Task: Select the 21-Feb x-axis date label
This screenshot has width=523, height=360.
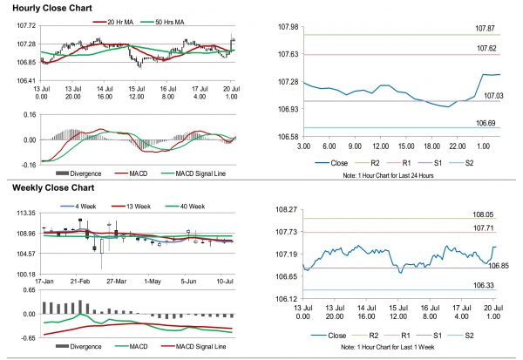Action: [81, 282]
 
